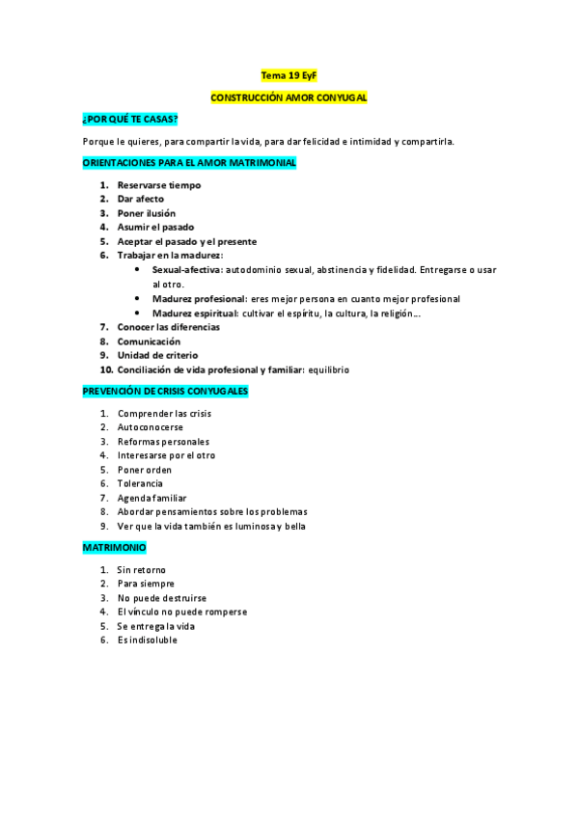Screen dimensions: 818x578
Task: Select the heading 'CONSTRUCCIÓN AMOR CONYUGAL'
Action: pos(289,97)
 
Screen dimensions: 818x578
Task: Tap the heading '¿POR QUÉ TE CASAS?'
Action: pos(130,120)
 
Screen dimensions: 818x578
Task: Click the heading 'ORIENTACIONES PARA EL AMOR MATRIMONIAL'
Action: pos(189,163)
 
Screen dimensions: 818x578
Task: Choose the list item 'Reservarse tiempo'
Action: pos(159,185)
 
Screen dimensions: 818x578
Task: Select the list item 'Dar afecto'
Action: pos(141,200)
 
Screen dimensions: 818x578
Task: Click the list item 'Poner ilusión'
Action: pos(147,213)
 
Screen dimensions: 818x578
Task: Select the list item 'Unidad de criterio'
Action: pos(158,356)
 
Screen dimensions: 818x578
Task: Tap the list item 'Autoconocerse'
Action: pos(151,427)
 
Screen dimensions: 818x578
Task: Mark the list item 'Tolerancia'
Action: pos(140,483)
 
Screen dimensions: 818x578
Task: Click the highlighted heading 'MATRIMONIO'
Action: pos(115,548)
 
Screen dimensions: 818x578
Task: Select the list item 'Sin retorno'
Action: pos(143,570)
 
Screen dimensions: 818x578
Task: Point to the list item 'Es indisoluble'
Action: pos(148,640)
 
